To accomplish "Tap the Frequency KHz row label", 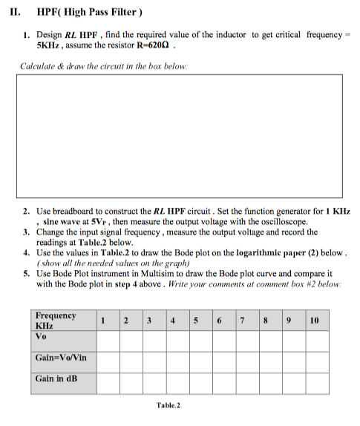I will click(56, 320).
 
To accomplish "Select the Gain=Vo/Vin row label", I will click(61, 358).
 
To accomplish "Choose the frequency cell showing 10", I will click(314, 320).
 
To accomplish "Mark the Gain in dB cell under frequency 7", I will click(243, 382).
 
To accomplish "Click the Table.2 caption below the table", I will click(168, 405).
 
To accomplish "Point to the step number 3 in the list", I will click(25, 232).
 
